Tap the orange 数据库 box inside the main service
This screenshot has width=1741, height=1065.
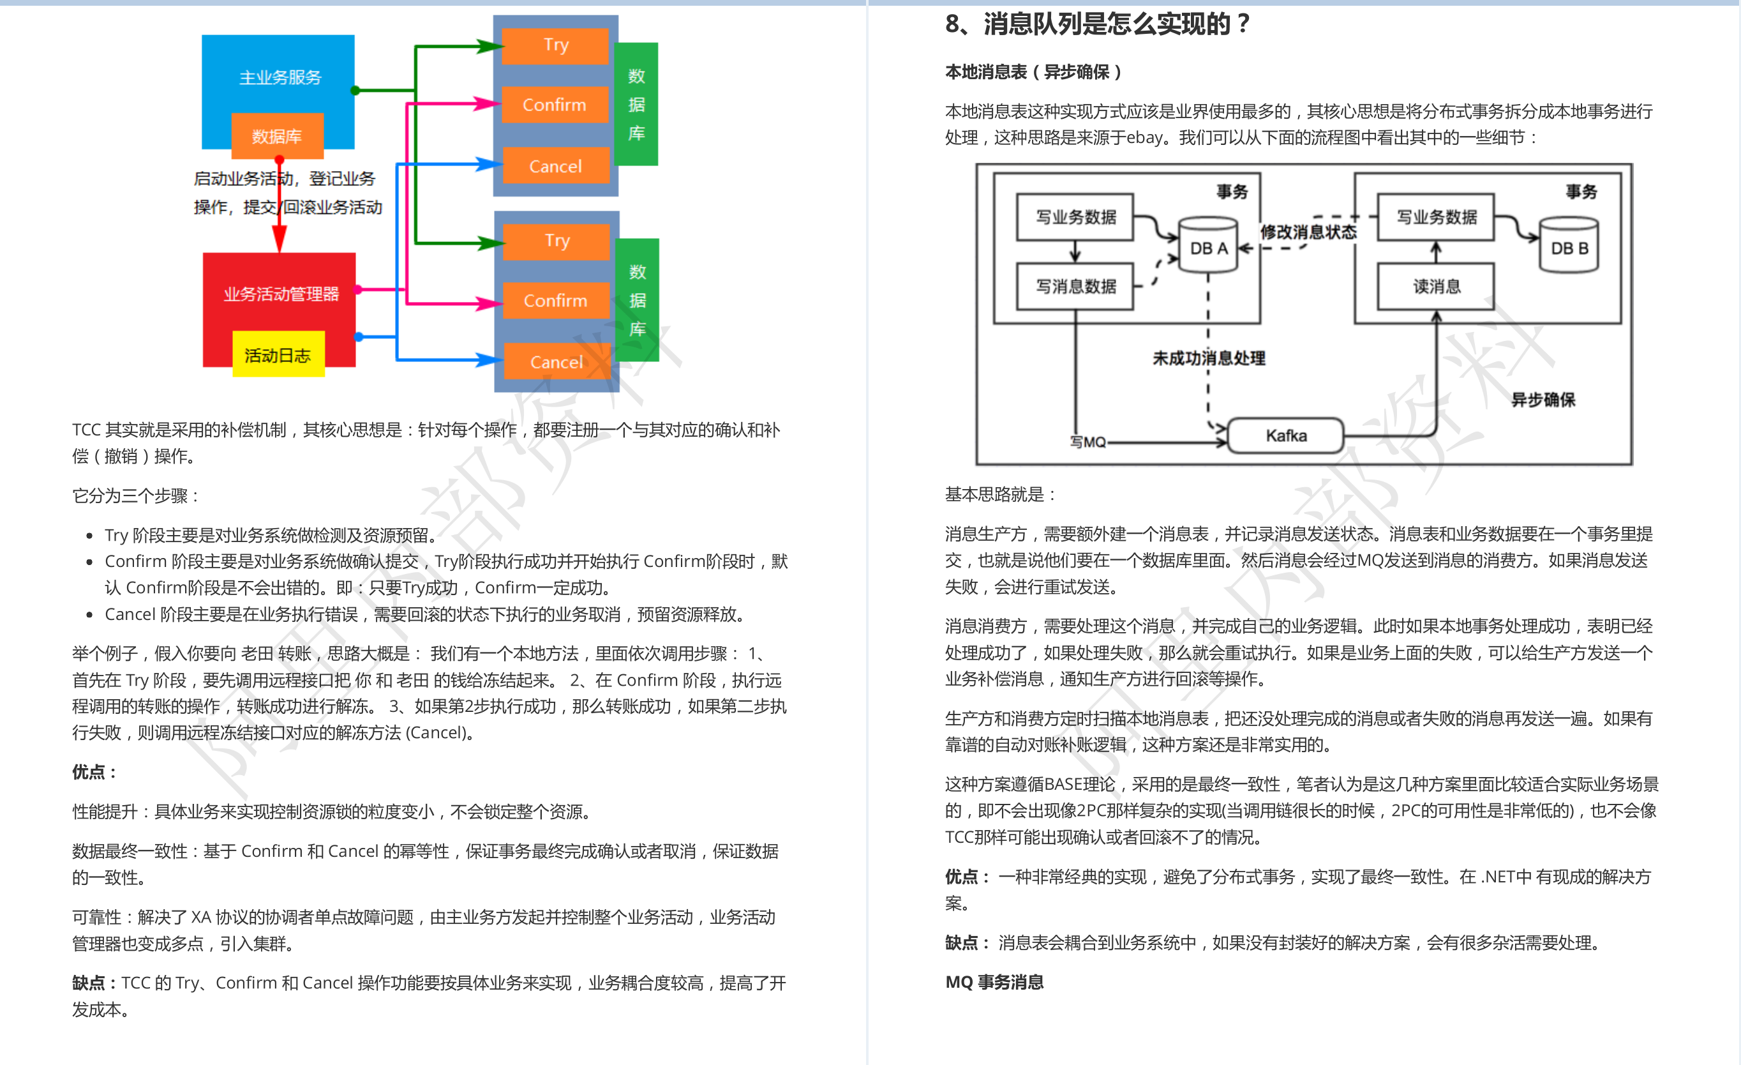click(277, 136)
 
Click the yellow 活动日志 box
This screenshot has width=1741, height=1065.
click(278, 354)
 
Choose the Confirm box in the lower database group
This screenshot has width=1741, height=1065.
click(556, 300)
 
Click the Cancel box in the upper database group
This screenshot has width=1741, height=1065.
click(555, 166)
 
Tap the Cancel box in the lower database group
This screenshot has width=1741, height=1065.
click(557, 362)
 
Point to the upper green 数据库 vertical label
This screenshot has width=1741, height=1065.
click(637, 104)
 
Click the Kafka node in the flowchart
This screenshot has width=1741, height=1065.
click(1286, 435)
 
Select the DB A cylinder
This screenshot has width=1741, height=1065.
click(1208, 245)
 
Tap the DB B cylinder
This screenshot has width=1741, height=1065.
click(1569, 245)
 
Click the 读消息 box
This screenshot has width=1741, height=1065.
click(1436, 286)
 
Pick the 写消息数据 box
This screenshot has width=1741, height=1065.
click(1075, 286)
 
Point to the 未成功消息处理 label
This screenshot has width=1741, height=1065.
click(1209, 358)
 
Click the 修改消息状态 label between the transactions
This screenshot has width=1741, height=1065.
click(1308, 232)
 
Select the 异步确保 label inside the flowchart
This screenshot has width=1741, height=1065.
click(1543, 400)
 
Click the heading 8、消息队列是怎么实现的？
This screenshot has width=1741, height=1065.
click(1098, 24)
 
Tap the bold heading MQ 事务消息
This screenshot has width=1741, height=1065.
click(994, 981)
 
